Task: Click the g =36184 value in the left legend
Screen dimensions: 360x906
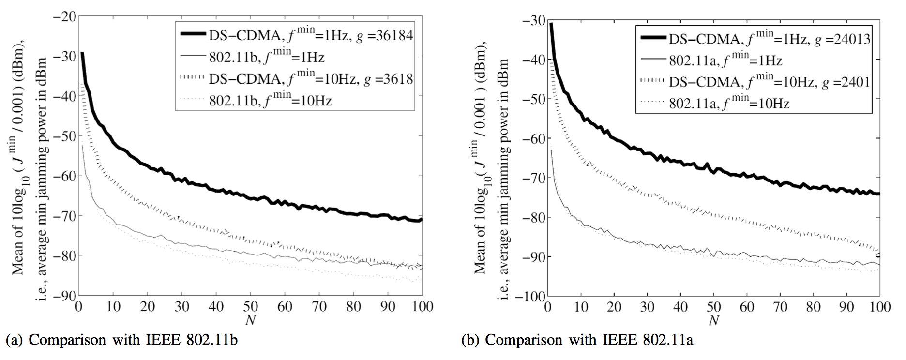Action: [385, 36]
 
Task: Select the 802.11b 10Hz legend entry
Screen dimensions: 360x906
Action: [270, 101]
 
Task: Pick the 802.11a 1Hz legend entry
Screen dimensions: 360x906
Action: [725, 60]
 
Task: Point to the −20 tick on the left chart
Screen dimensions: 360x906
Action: [65, 16]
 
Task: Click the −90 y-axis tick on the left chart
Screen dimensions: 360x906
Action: [65, 295]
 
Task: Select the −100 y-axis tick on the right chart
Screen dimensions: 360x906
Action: [530, 296]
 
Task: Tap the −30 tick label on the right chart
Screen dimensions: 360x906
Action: [534, 20]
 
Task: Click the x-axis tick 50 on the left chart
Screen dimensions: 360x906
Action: [250, 307]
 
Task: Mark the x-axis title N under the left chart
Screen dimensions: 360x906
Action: [250, 320]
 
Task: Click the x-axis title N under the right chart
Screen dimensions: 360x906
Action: [714, 320]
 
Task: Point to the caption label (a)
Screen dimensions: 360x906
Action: [14, 340]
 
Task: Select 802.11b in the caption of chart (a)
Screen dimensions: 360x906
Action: [212, 340]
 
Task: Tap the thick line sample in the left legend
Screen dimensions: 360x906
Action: [193, 34]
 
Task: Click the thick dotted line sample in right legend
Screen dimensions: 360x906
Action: [653, 80]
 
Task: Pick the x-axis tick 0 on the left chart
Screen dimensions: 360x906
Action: [79, 307]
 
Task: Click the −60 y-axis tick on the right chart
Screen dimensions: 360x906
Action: [534, 139]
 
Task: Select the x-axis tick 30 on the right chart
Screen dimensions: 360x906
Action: [647, 307]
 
